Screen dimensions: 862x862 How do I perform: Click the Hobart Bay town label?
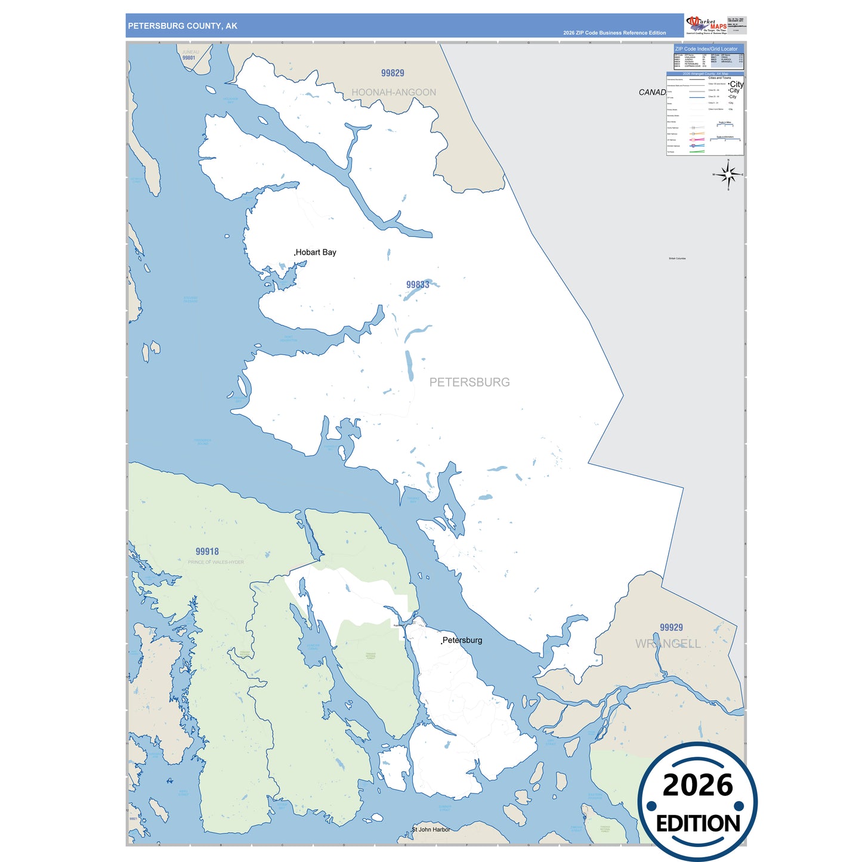coord(316,252)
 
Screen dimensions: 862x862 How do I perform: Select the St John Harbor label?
coord(431,829)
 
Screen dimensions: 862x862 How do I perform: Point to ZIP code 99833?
coord(418,285)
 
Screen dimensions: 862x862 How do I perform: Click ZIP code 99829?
coord(393,73)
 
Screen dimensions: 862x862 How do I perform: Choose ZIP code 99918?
coord(207,551)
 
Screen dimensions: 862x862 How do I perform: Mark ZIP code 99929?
coord(671,627)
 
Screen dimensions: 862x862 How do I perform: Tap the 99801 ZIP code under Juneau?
coord(189,58)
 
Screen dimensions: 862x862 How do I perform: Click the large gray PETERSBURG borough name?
coord(469,382)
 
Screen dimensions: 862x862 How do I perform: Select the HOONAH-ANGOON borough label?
coord(394,92)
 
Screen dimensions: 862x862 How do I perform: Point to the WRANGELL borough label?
coord(668,644)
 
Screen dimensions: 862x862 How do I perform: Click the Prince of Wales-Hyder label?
coord(215,562)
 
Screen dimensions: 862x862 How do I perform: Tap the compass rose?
coord(728,175)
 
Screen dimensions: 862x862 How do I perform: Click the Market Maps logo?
coord(706,25)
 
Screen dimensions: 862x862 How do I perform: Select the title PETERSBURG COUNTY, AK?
coord(183,26)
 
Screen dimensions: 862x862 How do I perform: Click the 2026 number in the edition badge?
coord(697,784)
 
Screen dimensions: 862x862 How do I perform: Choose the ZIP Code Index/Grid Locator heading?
coord(706,49)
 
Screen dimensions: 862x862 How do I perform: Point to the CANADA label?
coord(652,92)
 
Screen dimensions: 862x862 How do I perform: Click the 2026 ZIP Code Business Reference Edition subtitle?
coord(614,33)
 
